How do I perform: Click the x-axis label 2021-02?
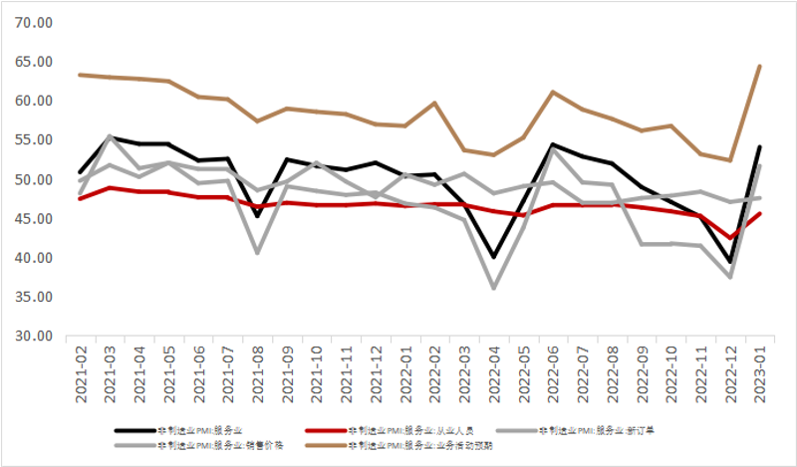81,374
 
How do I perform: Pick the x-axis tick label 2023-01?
761,374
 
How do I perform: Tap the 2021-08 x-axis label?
259,374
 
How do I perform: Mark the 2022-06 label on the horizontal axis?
553,374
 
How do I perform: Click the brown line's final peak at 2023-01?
761,67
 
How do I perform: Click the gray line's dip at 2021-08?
259,253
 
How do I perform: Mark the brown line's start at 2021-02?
81,75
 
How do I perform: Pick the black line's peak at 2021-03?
110,136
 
